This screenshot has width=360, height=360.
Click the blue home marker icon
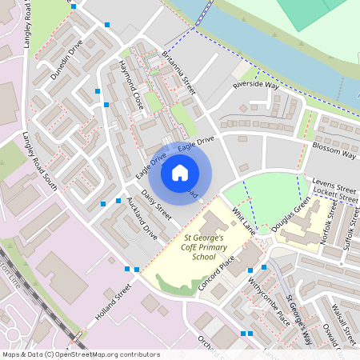[180, 172]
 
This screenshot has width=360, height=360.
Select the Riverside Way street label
[255, 85]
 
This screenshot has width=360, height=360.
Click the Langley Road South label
[40, 162]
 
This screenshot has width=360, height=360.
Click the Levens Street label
[334, 183]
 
